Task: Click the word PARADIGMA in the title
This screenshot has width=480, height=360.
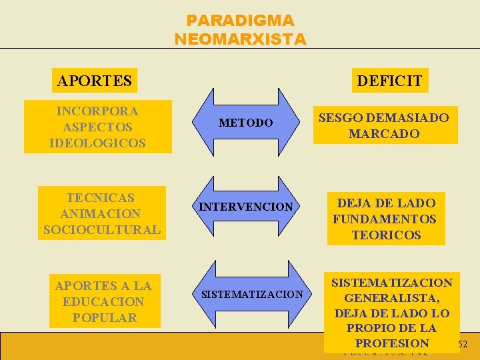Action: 240,21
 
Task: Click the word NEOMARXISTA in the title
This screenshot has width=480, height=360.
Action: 240,39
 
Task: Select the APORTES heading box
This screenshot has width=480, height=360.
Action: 94,81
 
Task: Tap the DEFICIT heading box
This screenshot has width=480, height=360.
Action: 390,81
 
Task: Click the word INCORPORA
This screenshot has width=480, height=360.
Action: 97,111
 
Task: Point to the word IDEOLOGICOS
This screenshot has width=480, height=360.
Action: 97,143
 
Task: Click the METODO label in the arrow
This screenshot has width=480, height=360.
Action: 246,123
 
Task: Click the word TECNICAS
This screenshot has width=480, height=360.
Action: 101,197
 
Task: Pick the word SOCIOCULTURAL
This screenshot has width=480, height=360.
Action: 101,230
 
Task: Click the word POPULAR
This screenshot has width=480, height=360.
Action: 104,317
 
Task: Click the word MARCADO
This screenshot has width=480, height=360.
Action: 384,133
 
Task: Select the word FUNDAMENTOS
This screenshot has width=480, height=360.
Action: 385,219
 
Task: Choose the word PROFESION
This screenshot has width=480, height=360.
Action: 392,343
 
